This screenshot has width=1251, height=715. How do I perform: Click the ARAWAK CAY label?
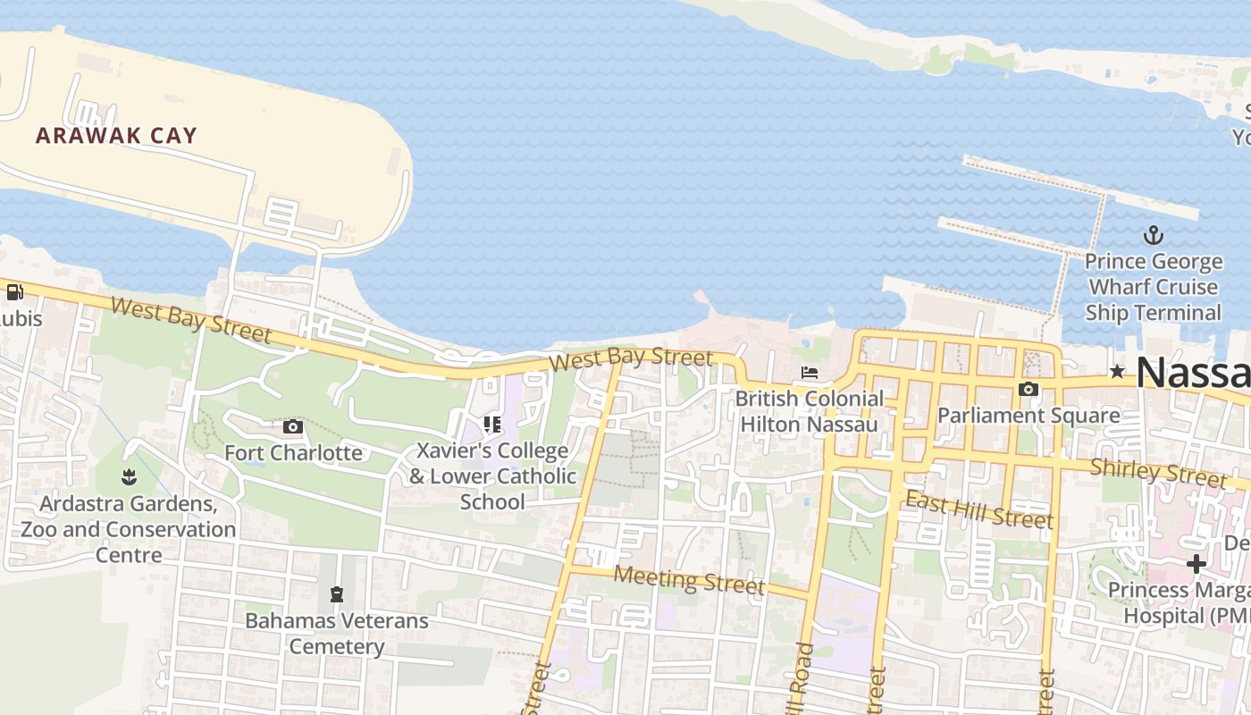pos(116,136)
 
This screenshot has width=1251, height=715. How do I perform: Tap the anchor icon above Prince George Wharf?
pos(1154,236)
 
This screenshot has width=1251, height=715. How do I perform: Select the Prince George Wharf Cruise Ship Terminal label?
pos(1154,287)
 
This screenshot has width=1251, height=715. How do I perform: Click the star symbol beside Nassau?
pos(1117,372)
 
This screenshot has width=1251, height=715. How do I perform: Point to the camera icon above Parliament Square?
pos(1029,390)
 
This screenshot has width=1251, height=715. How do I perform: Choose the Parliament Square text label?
pos(1029,416)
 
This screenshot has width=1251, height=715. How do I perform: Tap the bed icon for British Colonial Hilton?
pos(810,373)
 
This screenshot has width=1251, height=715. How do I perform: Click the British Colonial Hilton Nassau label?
pos(810,411)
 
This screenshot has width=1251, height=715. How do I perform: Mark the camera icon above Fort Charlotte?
pos(293,427)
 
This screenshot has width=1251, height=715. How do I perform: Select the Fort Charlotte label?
pos(293,453)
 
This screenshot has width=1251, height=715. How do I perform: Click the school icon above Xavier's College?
pos(492,424)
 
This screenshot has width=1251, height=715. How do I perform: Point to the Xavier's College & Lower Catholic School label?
pos(492,475)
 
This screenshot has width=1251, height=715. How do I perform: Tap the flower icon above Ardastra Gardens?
pos(129,477)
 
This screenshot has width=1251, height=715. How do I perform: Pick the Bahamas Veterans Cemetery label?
pos(337,633)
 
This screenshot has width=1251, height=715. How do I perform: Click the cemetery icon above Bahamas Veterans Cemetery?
pos(337,593)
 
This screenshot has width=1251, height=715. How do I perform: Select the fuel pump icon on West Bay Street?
pos(15,292)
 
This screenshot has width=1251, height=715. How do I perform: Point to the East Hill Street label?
pos(979,509)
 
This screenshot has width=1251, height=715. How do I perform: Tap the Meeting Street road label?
pos(689,580)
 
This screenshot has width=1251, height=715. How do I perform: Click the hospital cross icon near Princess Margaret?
pos(1196,564)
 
